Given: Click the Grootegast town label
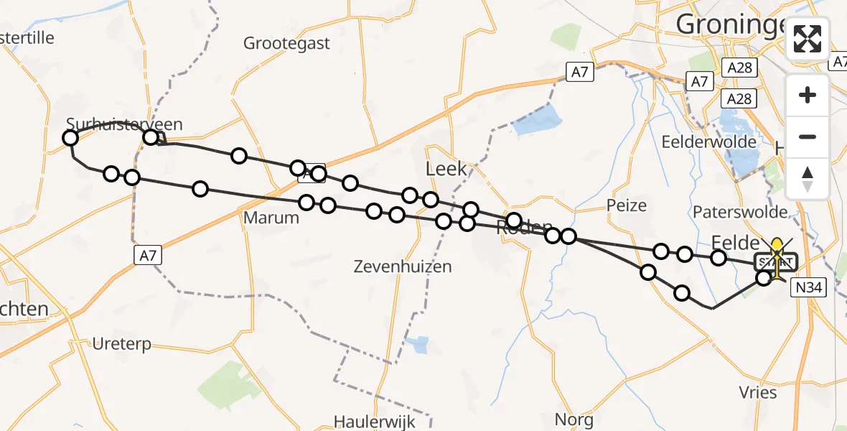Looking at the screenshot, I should coord(286,43).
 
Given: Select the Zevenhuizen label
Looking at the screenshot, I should coord(403,267).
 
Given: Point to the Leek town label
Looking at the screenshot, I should coord(446,170).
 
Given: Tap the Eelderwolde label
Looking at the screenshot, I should coord(709,142).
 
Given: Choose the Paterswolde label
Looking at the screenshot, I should coord(739,212).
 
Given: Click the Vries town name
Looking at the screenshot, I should coord(758,392).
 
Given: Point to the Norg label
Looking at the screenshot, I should coord(574,419).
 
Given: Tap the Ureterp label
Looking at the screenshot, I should coord(121,344).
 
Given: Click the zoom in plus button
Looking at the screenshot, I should coord(808,95).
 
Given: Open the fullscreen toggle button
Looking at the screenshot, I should coord(808,39).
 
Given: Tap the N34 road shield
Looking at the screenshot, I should coord(809,288).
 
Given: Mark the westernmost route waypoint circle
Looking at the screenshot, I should coord(70,138).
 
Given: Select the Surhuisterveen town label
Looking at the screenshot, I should coord(124,124).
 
